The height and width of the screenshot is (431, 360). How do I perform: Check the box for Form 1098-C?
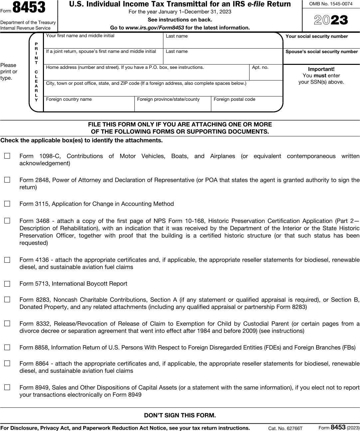7,156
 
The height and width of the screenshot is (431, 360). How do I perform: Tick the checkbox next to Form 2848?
7,180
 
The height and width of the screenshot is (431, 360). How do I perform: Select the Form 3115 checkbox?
7,204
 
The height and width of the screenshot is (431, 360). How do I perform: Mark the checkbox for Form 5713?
7,284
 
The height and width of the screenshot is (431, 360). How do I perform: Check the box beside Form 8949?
7,387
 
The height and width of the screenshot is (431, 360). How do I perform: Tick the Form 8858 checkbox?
7,348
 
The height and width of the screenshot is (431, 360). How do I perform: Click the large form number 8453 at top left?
29,8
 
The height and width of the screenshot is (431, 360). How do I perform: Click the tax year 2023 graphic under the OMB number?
331,20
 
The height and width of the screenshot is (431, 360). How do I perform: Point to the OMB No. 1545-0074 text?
331,4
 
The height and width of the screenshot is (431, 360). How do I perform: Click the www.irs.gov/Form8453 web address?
155,28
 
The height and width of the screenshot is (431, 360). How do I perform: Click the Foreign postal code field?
247,106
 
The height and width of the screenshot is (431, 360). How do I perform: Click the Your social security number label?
316,36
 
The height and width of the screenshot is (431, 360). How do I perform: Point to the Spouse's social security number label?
321,52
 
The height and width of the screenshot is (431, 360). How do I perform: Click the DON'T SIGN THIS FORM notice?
180,415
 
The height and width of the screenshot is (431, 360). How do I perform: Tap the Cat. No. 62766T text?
285,428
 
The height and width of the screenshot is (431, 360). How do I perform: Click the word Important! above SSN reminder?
321,69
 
